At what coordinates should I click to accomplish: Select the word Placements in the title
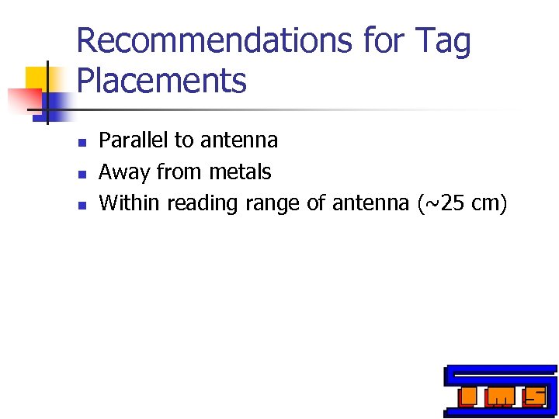pos(161,80)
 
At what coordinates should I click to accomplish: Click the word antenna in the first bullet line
pos(239,140)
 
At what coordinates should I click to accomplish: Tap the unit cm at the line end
pos(487,203)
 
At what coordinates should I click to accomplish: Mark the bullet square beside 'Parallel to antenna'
pos(82,142)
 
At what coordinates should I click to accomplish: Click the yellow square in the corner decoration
pos(39,78)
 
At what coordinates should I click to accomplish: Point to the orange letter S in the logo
pos(535,396)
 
